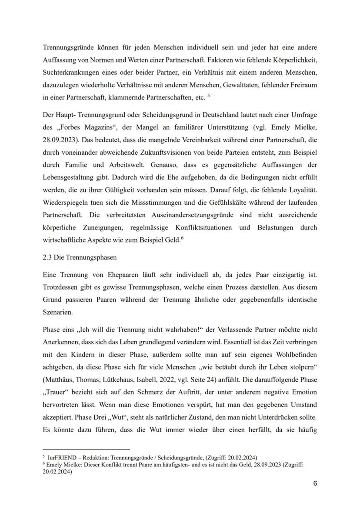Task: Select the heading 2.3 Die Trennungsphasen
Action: click(x=80, y=257)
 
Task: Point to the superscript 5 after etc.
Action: click(x=209, y=96)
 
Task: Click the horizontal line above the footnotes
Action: click(x=86, y=449)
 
